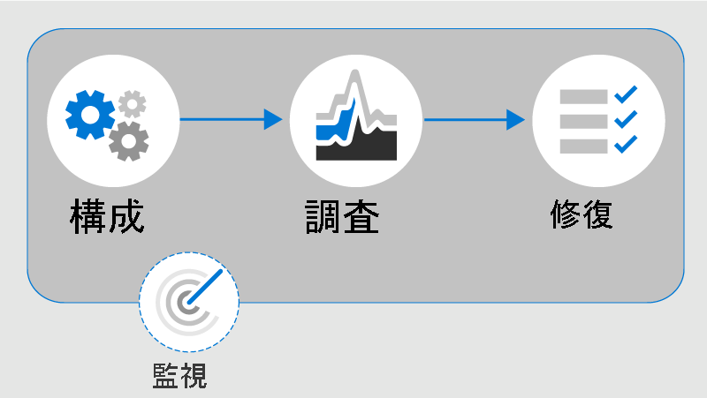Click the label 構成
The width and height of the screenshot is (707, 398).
coord(107,216)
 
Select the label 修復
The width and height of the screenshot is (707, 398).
coord(581,214)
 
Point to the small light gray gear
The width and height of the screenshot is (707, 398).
coord(133,103)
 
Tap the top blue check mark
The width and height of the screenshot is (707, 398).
coord(625,94)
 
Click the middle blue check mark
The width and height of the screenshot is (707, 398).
coord(625,118)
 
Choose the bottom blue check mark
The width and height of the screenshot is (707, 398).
coord(625,143)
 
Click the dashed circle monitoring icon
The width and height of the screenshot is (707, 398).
coord(188,302)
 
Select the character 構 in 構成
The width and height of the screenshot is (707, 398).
coord(88,216)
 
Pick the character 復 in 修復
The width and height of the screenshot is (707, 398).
coord(597,214)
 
